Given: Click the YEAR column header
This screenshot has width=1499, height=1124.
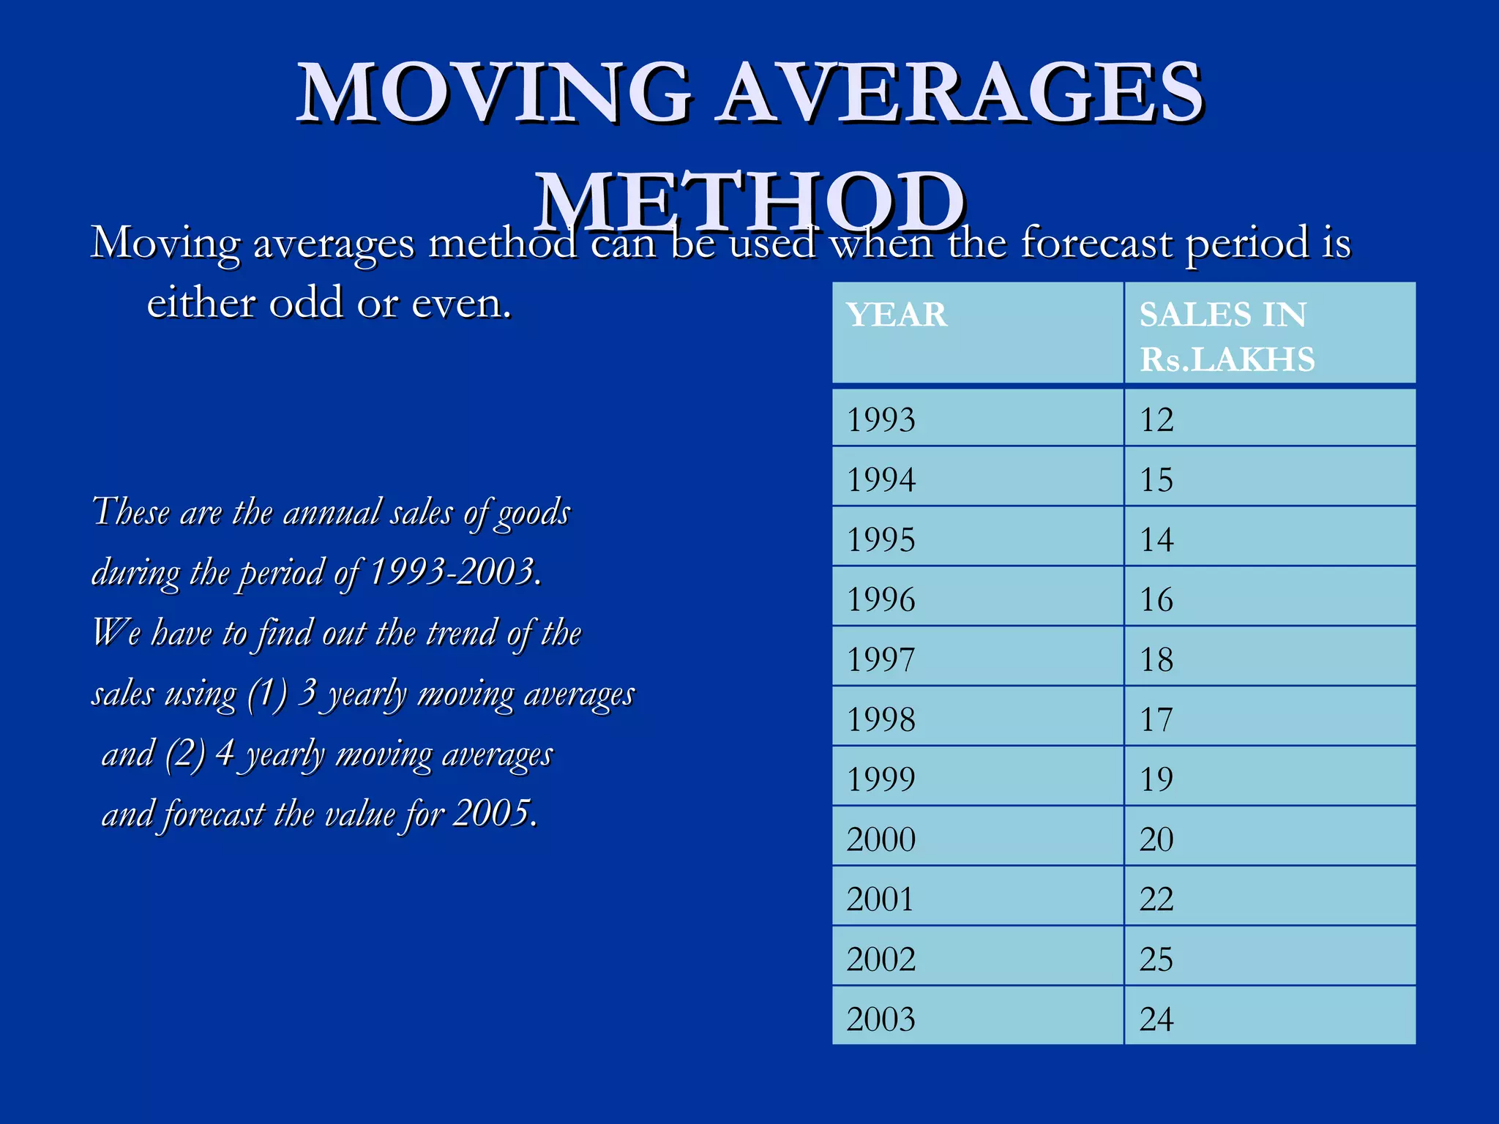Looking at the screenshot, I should [x=897, y=315].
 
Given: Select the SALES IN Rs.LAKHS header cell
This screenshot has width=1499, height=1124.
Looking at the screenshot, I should [x=1227, y=337].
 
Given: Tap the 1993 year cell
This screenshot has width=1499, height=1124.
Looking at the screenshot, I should [x=881, y=420].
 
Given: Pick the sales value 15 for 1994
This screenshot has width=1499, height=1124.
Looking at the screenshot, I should [x=1156, y=480].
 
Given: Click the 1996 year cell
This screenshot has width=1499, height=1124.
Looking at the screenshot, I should [x=881, y=600].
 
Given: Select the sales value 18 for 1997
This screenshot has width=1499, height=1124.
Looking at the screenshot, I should [x=1156, y=660].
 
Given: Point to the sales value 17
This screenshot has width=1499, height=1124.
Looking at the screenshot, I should [x=1156, y=720].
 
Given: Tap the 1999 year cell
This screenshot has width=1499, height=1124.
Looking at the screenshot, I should [x=881, y=779].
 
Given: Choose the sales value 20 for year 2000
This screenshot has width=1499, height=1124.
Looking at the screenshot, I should [x=1156, y=839].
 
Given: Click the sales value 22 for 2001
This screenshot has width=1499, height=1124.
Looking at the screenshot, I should [x=1156, y=899].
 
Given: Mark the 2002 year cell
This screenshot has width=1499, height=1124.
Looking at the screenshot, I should [x=881, y=959].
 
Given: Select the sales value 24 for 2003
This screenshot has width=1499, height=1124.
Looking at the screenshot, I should [x=1156, y=1019].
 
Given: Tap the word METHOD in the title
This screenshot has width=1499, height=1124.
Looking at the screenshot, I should [x=749, y=201].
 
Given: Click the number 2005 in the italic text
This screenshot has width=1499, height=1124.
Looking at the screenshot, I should [x=492, y=813].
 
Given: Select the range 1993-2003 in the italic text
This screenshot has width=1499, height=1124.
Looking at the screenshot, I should [x=453, y=572].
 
